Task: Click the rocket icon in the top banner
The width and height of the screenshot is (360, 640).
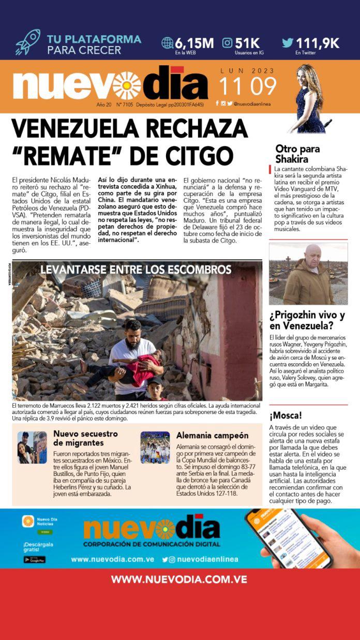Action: (x=27, y=42)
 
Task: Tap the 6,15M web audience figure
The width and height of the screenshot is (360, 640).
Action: (x=194, y=43)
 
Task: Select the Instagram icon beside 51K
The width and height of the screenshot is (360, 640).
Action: (x=227, y=43)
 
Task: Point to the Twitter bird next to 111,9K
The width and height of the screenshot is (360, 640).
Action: (x=288, y=43)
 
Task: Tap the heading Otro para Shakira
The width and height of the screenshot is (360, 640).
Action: (x=297, y=154)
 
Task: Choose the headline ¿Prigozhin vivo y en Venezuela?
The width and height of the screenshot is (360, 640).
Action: (x=301, y=321)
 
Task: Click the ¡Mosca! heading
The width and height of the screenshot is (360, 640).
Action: (x=286, y=415)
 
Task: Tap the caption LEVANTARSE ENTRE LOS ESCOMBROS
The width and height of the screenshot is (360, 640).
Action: (x=136, y=270)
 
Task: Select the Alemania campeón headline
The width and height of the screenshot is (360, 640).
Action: (x=212, y=436)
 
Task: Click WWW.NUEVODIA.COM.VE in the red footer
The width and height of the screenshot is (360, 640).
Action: (x=179, y=579)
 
